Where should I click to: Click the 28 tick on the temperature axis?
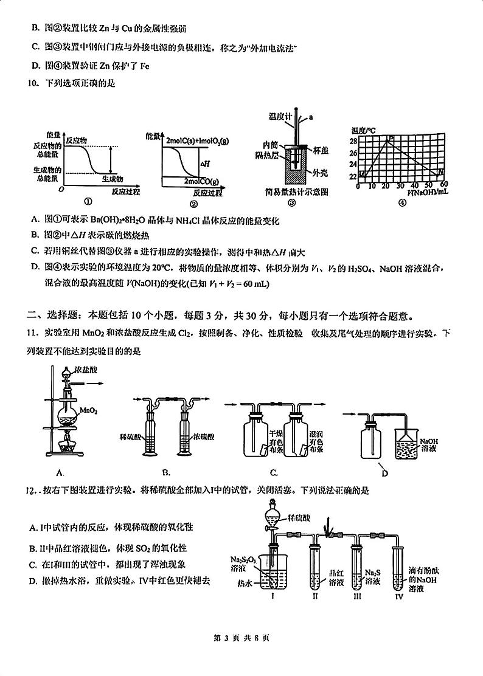click(353, 141)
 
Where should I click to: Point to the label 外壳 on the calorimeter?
click(320, 173)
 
